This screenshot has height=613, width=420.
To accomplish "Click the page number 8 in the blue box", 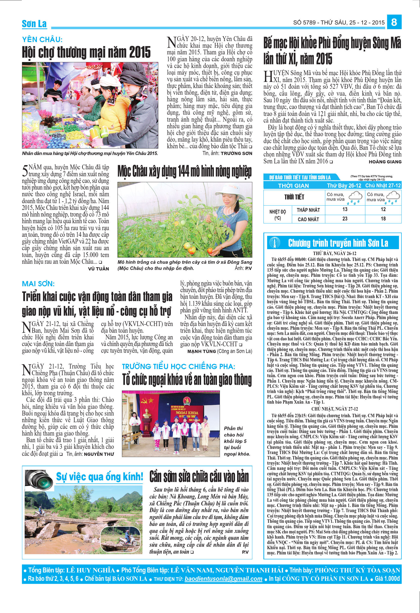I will [x=394, y=22].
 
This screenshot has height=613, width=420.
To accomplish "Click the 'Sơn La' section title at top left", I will [x=34, y=24].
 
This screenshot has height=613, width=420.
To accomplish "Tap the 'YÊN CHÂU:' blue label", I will [x=42, y=40].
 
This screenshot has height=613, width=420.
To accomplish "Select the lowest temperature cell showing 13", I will [x=345, y=209].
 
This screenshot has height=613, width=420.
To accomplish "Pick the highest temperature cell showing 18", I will [x=383, y=219].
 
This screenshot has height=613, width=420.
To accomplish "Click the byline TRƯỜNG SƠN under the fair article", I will [x=236, y=153].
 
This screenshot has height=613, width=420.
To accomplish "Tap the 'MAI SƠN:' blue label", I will [x=38, y=284].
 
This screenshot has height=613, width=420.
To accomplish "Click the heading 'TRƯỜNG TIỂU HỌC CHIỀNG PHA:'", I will [x=178, y=366].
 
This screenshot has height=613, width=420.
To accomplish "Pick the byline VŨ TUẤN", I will [x=98, y=269].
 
